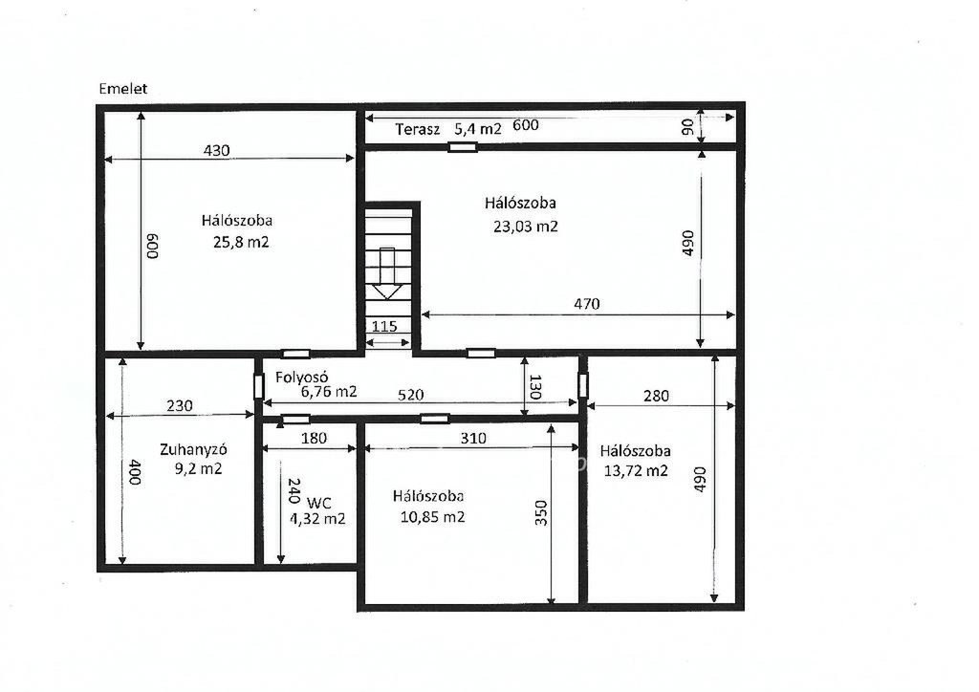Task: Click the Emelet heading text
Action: point(123,89)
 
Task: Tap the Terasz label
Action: point(418,129)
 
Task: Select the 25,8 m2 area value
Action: point(241,242)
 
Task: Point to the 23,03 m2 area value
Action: point(526,226)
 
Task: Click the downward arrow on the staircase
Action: point(388,273)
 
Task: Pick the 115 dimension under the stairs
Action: point(384,326)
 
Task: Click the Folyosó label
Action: point(302,378)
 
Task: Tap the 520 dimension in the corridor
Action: point(410,395)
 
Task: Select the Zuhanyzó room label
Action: point(193,449)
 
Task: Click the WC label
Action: point(319,503)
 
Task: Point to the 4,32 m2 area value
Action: point(317,519)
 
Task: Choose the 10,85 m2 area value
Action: point(433,517)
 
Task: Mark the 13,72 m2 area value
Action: point(636,470)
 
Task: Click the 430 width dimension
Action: point(217,150)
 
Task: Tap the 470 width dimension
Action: point(587,304)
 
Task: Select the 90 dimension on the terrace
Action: point(687,127)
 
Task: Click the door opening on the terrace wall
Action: point(463,147)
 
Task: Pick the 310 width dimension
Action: point(473,438)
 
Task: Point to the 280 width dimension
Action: point(656,396)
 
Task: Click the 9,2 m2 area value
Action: point(199,468)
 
